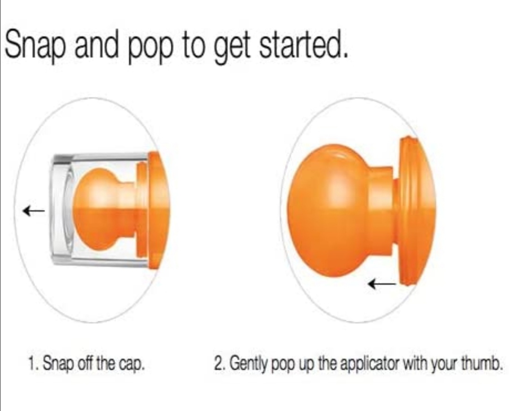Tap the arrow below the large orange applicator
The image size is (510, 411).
tap(382, 284)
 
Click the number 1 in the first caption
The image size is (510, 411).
tap(32, 363)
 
